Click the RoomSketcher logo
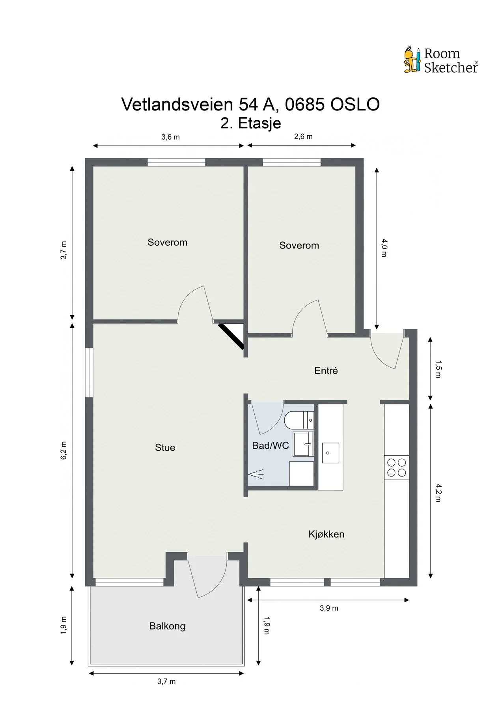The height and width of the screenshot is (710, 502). [x=441, y=60]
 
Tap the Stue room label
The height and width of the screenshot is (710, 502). [x=165, y=447]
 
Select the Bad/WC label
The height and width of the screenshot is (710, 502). [x=271, y=445]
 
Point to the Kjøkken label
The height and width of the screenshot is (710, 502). [x=326, y=534]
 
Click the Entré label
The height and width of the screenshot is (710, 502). [x=326, y=370]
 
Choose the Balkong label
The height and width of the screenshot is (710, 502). [x=167, y=626]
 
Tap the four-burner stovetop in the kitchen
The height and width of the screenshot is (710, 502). [x=397, y=467]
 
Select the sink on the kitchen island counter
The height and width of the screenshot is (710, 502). [x=330, y=452]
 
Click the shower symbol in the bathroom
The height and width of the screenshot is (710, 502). [x=256, y=474]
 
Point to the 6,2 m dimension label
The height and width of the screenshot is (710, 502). [x=64, y=450]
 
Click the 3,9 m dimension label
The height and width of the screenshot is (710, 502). [x=329, y=608]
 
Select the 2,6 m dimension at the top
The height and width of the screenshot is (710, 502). [x=303, y=136]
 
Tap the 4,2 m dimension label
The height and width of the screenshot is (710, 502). [x=438, y=493]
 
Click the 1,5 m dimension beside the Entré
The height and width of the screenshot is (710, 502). [x=438, y=369]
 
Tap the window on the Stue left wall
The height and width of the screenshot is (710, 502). [x=90, y=372]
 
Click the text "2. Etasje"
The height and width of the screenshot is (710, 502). [x=251, y=123]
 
